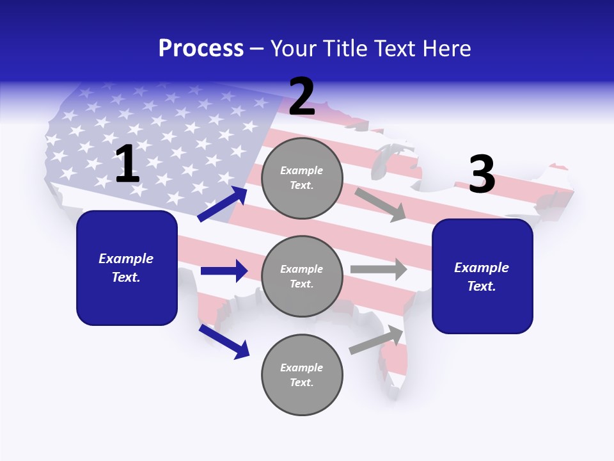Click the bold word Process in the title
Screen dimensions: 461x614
pos(201,49)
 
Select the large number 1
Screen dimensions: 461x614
pos(127,165)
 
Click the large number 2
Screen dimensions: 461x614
pos(302,97)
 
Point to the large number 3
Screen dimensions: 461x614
pos(482,174)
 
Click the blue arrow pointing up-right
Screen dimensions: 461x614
pos(223,204)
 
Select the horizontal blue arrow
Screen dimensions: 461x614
pos(224,271)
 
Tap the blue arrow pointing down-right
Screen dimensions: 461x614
pos(224,341)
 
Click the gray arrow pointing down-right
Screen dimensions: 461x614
pos(381,205)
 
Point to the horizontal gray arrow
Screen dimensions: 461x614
pos(378,270)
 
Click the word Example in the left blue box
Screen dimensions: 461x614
pos(126,259)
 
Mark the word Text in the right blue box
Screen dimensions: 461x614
pos(481,286)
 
